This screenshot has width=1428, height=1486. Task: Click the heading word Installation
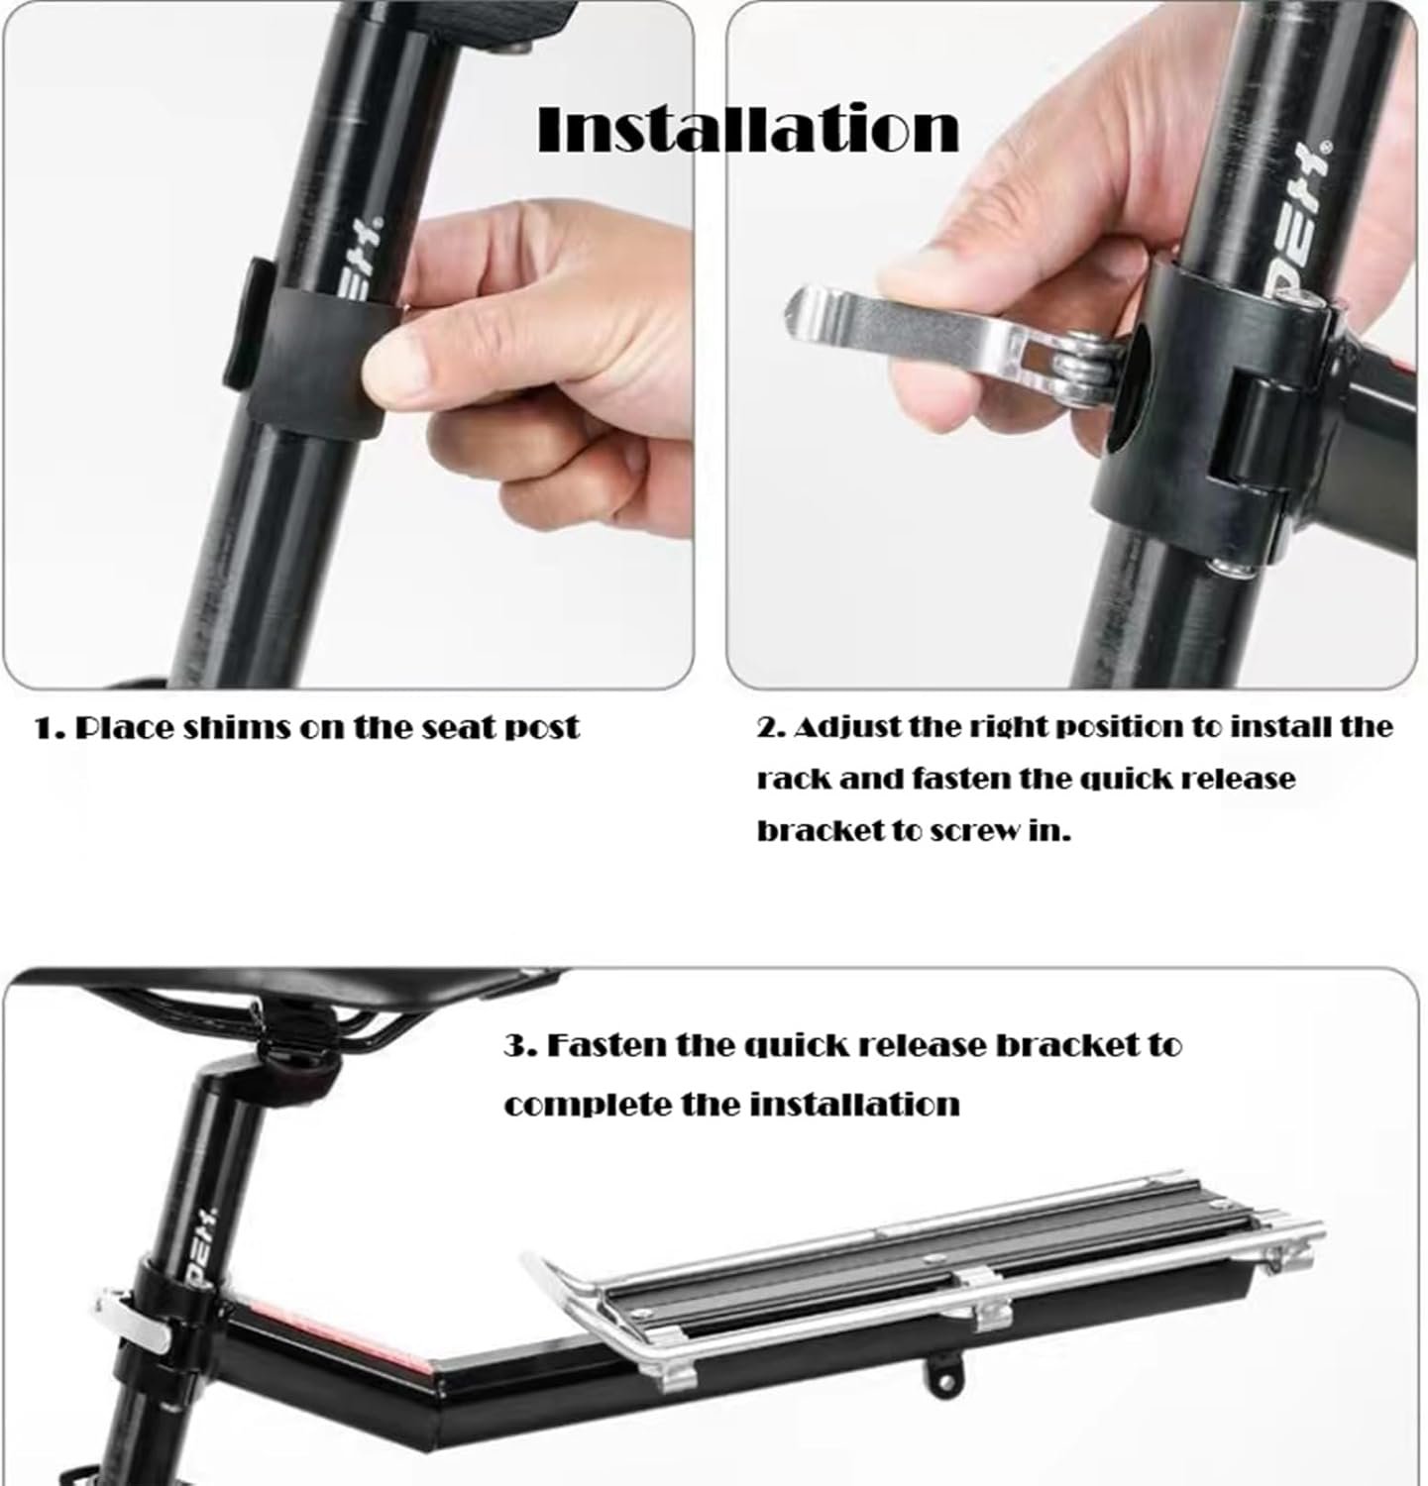[x=748, y=129]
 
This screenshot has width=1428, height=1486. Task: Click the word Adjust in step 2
[x=843, y=728]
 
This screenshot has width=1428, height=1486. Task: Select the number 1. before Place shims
[x=51, y=729]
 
